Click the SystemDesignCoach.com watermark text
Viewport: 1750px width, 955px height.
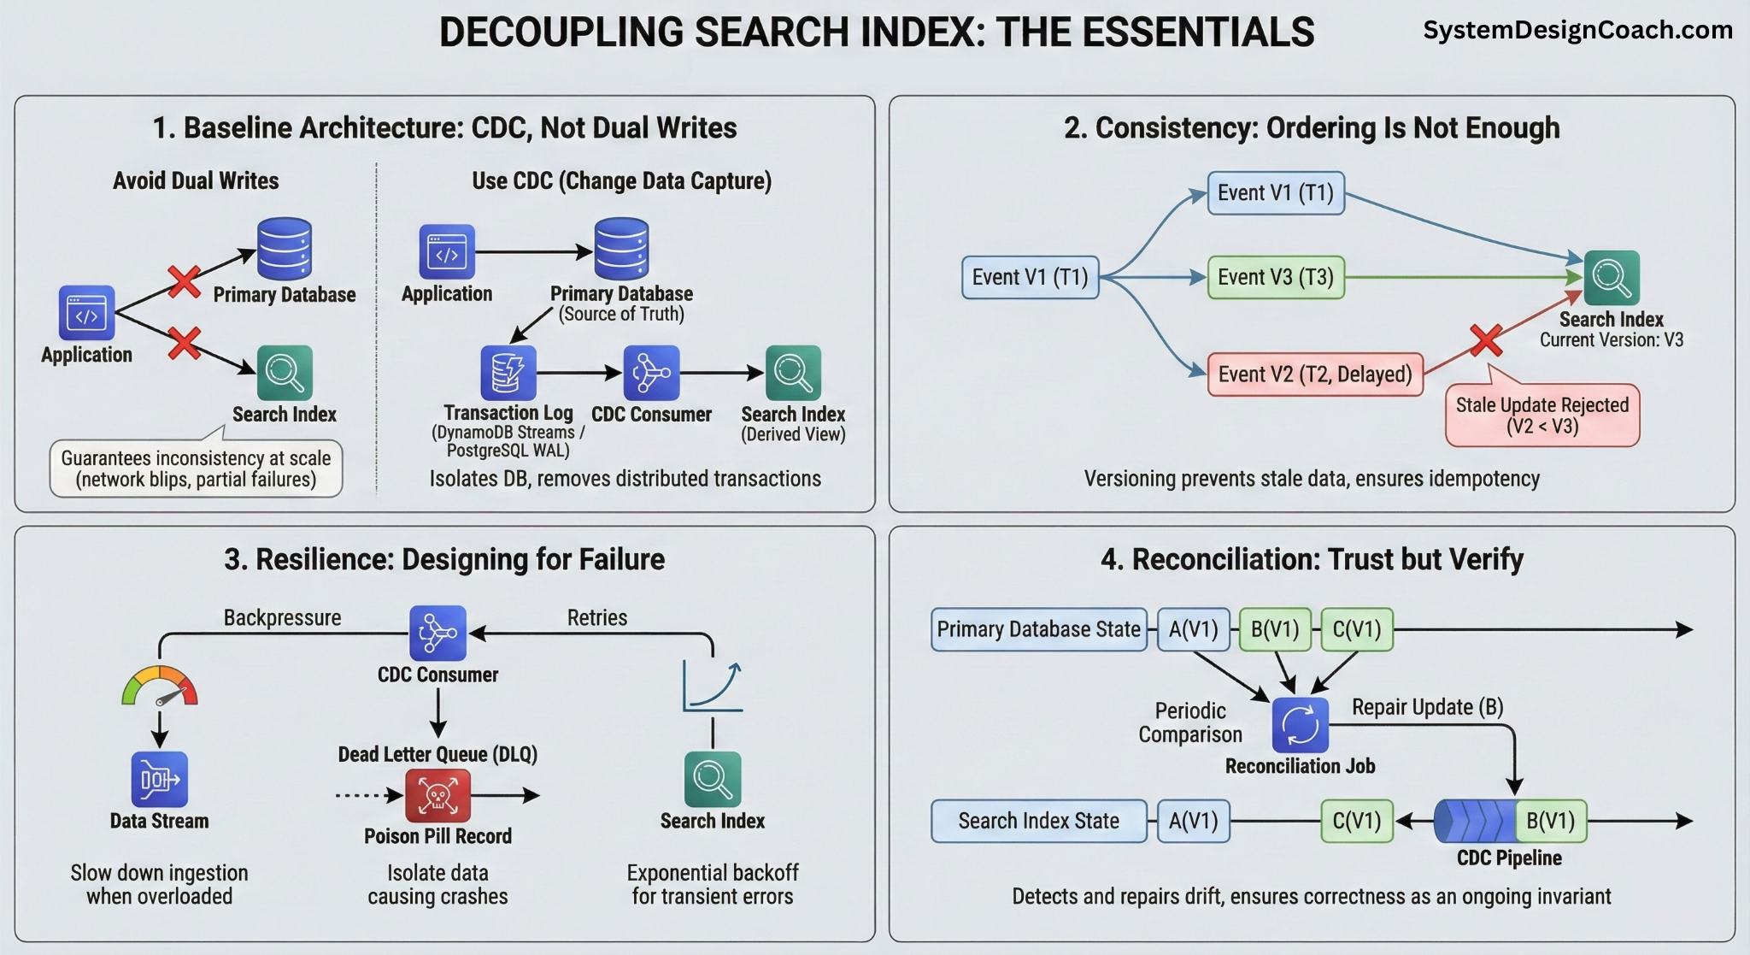[1577, 30]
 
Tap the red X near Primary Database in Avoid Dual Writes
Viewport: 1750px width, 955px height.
[185, 280]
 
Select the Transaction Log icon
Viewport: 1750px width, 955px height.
[508, 373]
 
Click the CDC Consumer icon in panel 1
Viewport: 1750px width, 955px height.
[651, 373]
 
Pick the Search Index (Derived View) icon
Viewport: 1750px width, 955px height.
[793, 373]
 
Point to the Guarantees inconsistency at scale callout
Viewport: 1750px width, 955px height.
[196, 469]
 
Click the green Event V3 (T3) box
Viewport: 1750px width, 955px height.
[1275, 277]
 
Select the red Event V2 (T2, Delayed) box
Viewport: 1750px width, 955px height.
[1314, 374]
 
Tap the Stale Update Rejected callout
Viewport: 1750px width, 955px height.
[1542, 416]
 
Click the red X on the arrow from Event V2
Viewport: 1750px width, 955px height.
[1486, 340]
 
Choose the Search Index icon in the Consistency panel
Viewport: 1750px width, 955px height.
[1611, 278]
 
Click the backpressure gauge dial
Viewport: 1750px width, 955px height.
[160, 687]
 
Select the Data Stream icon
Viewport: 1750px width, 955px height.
[160, 779]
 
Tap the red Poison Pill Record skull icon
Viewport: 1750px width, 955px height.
[437, 795]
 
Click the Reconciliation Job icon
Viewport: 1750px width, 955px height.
[1300, 725]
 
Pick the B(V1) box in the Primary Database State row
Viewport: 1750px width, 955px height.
[1274, 630]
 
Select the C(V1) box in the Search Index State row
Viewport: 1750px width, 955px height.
[1356, 822]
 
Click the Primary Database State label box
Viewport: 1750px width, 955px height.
[1038, 630]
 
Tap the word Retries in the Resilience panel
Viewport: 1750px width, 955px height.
[596, 617]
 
